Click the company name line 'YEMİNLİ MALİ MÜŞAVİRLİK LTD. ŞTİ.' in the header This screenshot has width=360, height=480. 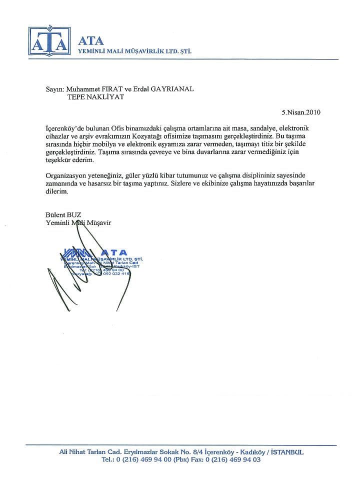pyautogui.click(x=135, y=51)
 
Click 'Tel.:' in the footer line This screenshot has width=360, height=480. pyautogui.click(x=108, y=459)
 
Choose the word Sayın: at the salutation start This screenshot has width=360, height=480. pyautogui.click(x=55, y=89)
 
